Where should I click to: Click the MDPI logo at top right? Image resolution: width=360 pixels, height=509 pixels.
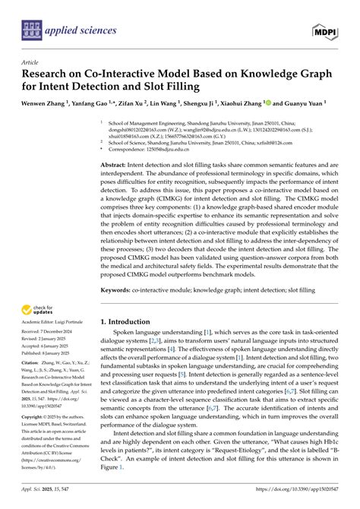pos(327,30)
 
